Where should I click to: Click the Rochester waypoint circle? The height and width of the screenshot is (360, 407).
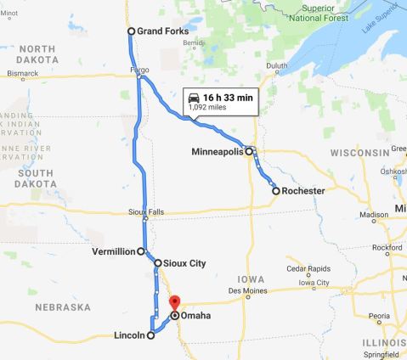tap(276, 191)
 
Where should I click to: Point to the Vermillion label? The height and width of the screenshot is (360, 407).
tap(114, 251)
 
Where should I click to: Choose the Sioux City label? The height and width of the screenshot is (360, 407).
tap(185, 263)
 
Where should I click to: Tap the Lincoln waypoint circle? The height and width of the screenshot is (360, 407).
tap(151, 335)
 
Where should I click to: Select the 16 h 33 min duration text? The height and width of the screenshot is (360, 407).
tap(228, 97)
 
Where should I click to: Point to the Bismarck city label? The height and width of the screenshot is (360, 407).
tap(23, 75)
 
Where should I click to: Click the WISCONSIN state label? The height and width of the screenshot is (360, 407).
tap(359, 153)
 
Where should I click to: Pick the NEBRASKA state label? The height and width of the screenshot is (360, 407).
tap(63, 307)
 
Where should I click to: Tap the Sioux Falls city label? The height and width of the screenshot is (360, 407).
tap(144, 211)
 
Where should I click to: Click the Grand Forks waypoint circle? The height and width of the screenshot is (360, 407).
tap(131, 31)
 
